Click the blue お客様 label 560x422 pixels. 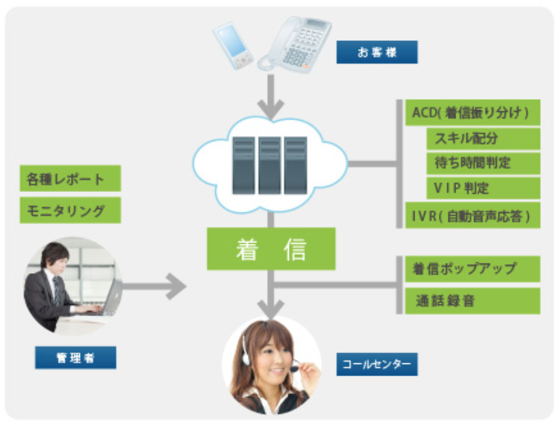[376, 53]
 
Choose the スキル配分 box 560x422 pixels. [482, 139]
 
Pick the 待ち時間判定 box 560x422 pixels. [482, 163]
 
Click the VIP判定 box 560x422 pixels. [482, 188]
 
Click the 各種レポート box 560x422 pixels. [70, 180]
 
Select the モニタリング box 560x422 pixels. [70, 210]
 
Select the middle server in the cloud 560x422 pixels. [269, 164]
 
